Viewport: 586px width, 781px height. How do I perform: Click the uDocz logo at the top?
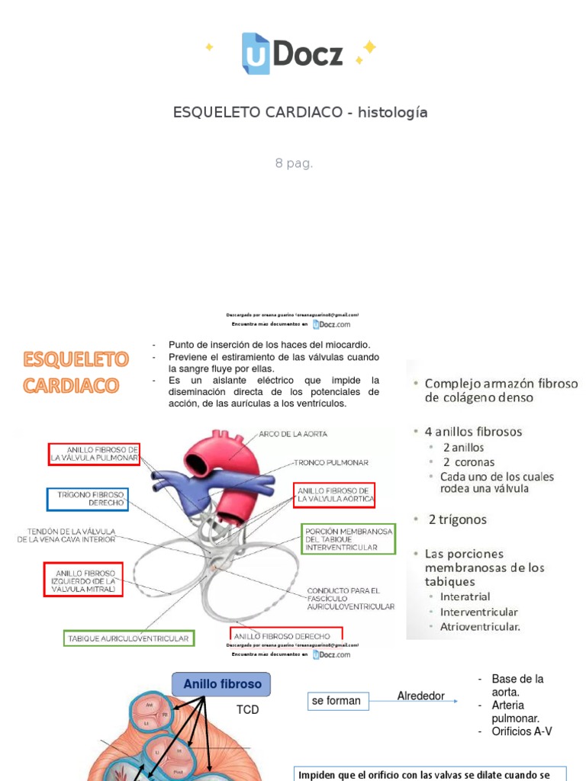click(x=292, y=53)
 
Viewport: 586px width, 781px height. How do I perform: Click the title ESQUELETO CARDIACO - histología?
click(x=300, y=113)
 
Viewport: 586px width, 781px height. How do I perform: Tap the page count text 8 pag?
click(x=294, y=163)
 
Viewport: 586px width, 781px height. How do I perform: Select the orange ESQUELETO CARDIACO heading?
click(x=76, y=372)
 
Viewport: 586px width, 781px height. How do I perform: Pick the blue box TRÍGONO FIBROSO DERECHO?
click(x=87, y=500)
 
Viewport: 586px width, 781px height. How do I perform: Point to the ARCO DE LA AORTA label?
click(x=294, y=434)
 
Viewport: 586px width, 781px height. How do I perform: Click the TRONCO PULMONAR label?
click(x=332, y=462)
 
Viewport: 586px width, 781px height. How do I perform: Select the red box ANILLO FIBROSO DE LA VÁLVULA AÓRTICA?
click(x=335, y=494)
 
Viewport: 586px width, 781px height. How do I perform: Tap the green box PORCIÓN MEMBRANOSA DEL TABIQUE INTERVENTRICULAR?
click(x=348, y=538)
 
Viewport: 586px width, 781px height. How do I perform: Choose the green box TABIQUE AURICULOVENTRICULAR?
click(x=128, y=638)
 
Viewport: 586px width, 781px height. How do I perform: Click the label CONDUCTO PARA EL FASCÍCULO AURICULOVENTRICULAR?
click(x=350, y=598)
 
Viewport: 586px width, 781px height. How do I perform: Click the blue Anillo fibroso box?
click(x=221, y=684)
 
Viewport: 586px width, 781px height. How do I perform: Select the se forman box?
click(x=336, y=701)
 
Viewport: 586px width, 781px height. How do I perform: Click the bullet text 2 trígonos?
click(x=457, y=519)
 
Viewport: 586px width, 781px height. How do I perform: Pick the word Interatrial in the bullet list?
click(x=465, y=596)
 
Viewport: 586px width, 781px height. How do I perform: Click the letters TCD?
click(x=248, y=710)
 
